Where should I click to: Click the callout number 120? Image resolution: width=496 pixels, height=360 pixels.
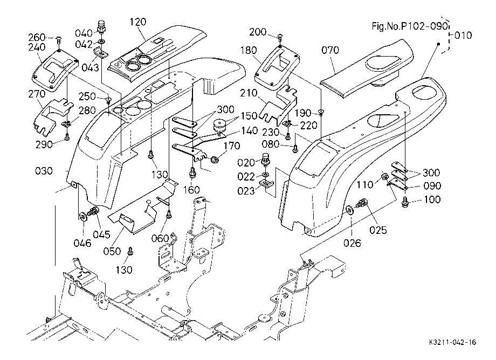point(138,22)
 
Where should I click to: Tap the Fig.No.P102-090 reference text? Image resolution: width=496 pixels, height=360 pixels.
point(410,26)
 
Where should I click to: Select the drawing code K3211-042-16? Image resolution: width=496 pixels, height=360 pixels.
point(453,342)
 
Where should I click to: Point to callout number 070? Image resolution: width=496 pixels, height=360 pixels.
point(330,50)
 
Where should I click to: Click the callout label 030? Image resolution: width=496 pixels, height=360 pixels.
point(44,171)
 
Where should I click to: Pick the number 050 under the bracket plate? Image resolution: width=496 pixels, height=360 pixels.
point(112,251)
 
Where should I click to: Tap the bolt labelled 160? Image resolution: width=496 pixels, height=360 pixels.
point(192,173)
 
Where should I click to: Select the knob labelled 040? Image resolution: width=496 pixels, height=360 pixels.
point(101,26)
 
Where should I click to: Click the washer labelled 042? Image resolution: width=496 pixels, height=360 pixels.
point(101,41)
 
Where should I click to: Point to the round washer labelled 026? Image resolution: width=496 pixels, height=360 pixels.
point(349,210)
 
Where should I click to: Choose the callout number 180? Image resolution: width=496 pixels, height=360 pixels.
point(249,50)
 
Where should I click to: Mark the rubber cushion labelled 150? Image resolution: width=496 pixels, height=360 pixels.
point(219,126)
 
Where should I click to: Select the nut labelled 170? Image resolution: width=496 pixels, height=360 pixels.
point(215,160)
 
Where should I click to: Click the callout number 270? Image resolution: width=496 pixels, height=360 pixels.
point(37,94)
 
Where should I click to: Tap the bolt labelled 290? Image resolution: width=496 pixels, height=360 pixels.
point(67,137)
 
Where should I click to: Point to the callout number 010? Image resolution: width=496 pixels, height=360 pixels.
point(463,35)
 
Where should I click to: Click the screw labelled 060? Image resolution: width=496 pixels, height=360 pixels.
point(169,215)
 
